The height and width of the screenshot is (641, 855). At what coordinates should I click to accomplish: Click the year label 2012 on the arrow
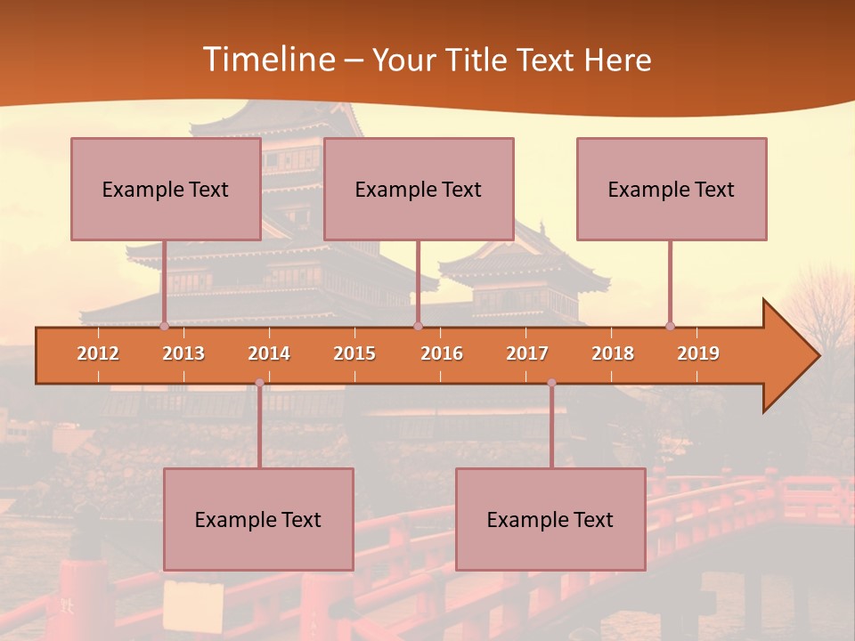pos(98,353)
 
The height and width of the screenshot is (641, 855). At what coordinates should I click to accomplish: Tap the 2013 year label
pos(183,353)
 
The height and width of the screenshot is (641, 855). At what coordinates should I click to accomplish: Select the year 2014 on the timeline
pos(269,353)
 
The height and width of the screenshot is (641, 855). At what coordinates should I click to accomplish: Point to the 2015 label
pos(354,353)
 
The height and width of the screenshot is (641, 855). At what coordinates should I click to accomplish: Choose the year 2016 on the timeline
pos(442,353)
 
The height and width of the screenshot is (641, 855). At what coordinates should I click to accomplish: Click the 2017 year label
pos(527,353)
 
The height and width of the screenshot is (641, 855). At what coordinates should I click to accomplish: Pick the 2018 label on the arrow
pos(613,353)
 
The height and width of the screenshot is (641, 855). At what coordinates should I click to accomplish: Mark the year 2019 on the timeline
pos(698,353)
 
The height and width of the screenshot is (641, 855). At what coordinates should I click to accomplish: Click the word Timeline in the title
pos(268,60)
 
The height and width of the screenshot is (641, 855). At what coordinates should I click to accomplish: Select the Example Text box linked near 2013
pos(166,189)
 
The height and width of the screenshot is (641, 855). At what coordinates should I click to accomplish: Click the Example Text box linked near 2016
pos(419,189)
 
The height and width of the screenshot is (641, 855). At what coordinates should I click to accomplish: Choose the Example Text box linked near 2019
pos(672,189)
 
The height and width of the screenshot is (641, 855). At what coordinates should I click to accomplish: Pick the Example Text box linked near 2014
pos(258,519)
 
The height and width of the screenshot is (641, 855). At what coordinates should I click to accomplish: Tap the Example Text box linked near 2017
pos(550,519)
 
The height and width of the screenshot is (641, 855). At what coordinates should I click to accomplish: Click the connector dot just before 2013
pos(165,326)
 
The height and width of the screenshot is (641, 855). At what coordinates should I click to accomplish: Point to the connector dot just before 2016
pos(418,326)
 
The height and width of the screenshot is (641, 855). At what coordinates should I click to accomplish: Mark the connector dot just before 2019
pos(671,326)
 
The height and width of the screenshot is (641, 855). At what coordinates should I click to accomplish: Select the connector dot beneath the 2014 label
pos(259,383)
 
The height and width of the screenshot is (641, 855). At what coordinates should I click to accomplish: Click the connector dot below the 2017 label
pos(551,383)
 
